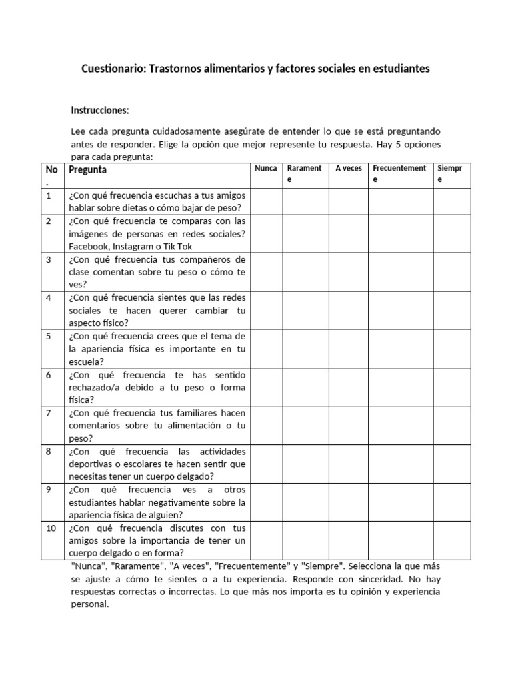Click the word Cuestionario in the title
pyautogui.click(x=111, y=69)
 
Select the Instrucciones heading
pyautogui.click(x=100, y=110)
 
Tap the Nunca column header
pyautogui.click(x=266, y=169)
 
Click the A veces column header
pyautogui.click(x=348, y=169)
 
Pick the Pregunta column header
pyautogui.click(x=87, y=169)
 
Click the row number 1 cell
pyautogui.click(x=49, y=195)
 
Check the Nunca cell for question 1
pyautogui.click(x=267, y=201)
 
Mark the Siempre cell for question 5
pyautogui.click(x=452, y=349)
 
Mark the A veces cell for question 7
pyautogui.click(x=349, y=426)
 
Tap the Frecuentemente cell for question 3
pyautogui.click(x=401, y=272)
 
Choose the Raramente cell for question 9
pyautogui.click(x=307, y=502)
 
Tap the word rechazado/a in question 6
pyautogui.click(x=95, y=387)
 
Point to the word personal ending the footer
pyautogui.click(x=89, y=604)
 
